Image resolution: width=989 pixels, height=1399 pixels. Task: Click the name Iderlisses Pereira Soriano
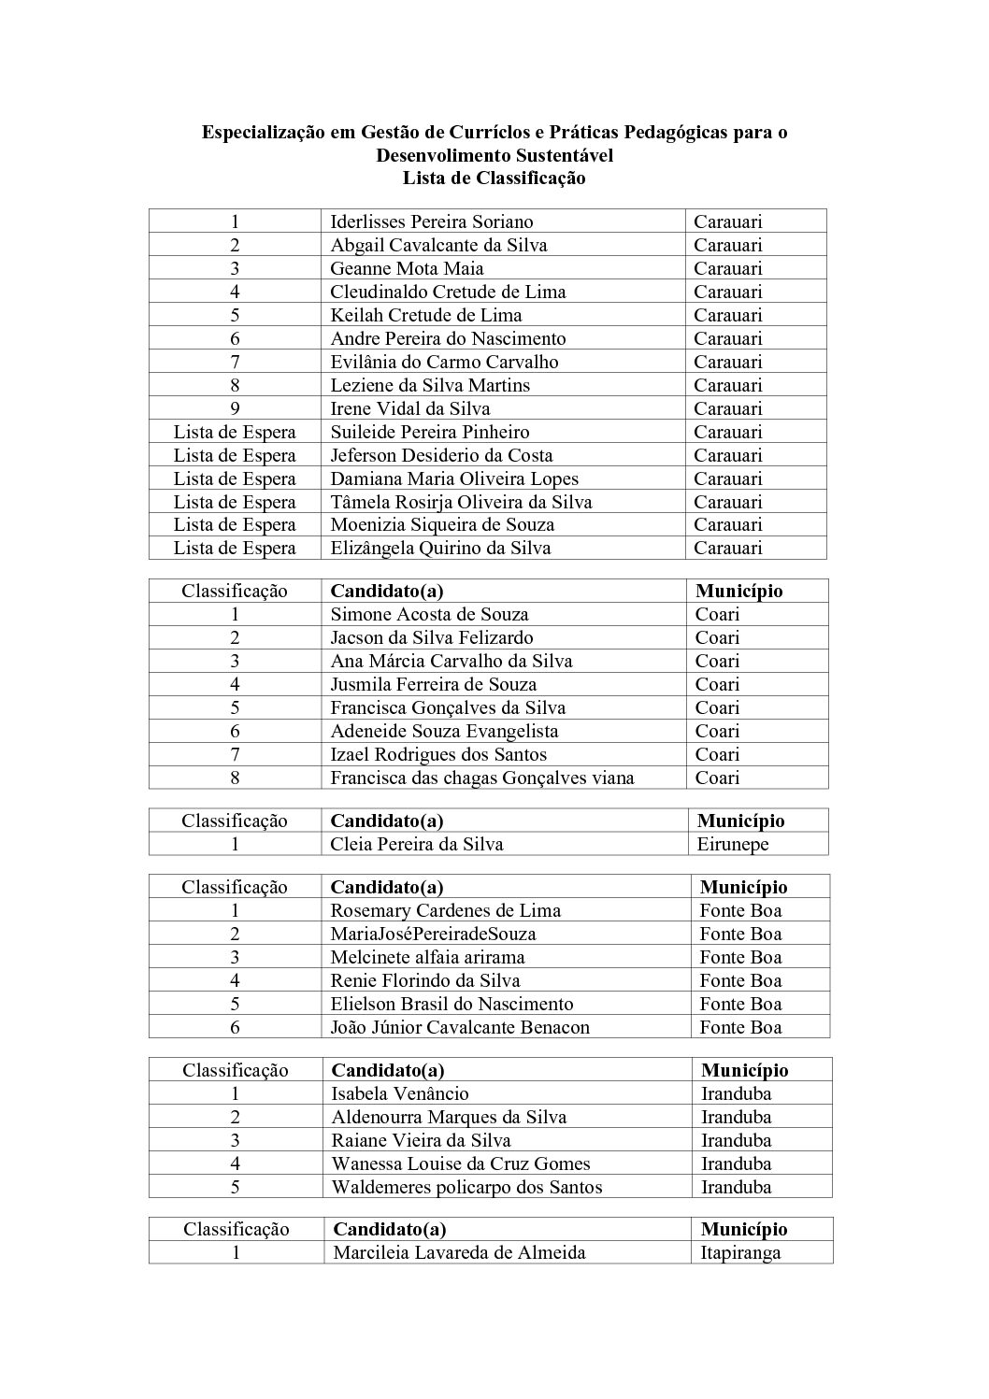[x=431, y=221]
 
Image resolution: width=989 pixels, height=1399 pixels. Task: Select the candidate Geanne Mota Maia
[x=407, y=268]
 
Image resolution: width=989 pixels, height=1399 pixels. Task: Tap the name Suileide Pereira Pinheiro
[x=430, y=432]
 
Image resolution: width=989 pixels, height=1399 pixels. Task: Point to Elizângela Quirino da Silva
[x=440, y=548]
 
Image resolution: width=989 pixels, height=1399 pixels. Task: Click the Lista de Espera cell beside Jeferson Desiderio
[x=235, y=455]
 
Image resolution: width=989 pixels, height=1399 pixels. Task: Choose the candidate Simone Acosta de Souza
[x=429, y=614]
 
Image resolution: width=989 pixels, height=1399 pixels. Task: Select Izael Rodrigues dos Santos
[x=438, y=754]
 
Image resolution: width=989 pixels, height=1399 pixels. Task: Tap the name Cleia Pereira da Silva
[x=417, y=844]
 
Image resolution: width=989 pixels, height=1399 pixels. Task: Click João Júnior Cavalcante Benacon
[x=460, y=1027]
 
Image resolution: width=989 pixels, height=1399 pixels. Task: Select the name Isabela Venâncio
[x=400, y=1093]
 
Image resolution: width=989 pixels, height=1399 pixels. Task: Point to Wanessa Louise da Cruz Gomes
[x=461, y=1163]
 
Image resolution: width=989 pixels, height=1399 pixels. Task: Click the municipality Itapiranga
[x=740, y=1253]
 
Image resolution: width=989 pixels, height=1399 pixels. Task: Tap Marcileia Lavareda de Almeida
[x=459, y=1253]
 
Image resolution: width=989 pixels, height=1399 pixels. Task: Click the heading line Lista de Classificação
[x=494, y=178]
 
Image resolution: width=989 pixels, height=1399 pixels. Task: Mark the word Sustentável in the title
[x=559, y=155]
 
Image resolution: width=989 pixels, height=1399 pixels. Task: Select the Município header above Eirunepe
[x=740, y=821]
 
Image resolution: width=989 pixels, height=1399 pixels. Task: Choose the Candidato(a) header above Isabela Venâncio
[x=388, y=1070]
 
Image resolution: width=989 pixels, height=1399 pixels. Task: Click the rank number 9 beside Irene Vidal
[x=235, y=408]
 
